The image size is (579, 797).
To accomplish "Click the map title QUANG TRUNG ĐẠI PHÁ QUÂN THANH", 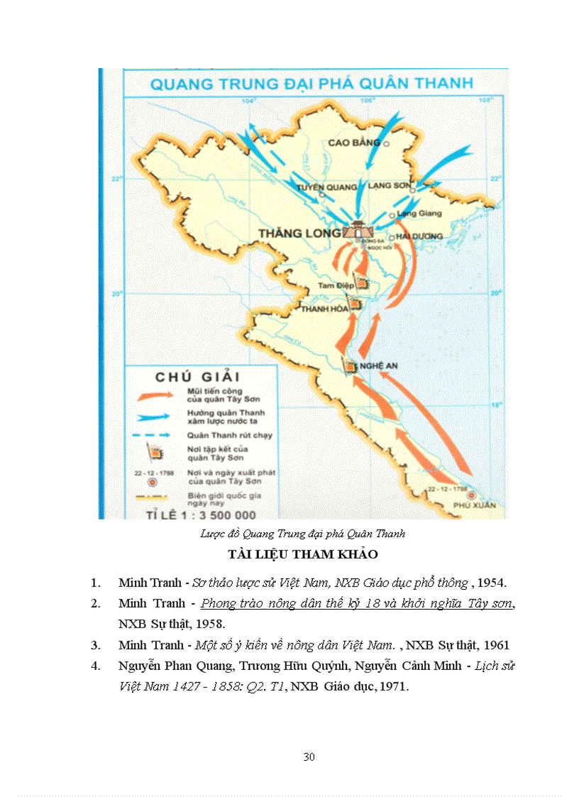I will point(311,83).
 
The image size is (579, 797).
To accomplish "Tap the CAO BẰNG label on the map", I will point(354,143).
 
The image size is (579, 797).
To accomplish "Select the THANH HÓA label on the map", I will point(324,309).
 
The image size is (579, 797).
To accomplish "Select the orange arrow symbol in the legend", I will point(149,394).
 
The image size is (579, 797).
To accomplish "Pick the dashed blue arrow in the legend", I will point(149,434).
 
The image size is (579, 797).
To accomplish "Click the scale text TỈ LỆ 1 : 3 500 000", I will point(201,514).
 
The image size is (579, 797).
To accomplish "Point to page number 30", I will point(309,757).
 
